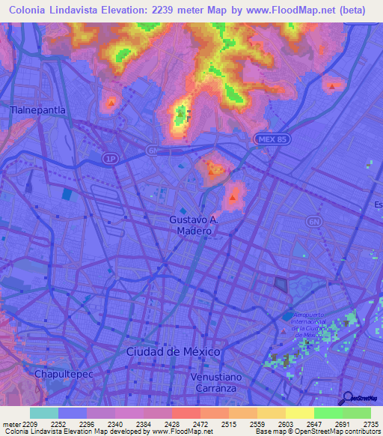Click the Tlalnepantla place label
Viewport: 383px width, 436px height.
[37, 109]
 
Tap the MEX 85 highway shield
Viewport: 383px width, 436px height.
[270, 139]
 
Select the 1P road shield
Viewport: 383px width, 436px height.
[111, 159]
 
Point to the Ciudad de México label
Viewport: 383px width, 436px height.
[173, 351]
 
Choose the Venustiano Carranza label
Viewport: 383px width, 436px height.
[224, 383]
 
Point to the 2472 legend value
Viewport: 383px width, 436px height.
[200, 423]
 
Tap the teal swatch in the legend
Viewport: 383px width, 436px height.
[44, 413]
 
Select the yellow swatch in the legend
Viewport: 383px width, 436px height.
[300, 413]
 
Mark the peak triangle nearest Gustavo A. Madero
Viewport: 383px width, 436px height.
[233, 199]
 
